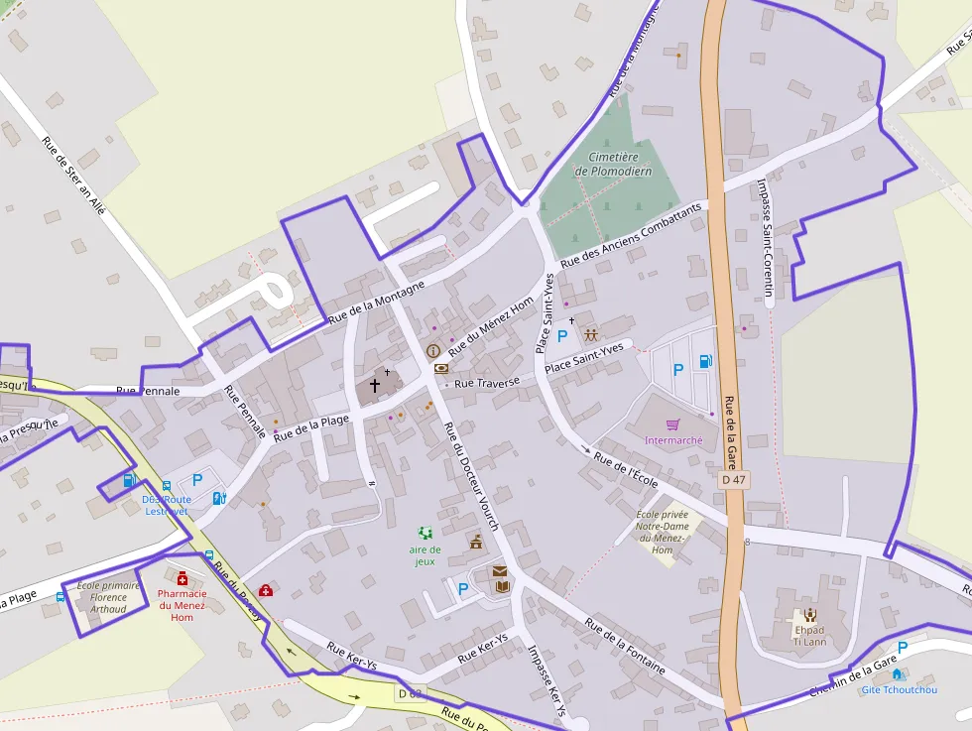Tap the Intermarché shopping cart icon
click(672, 425)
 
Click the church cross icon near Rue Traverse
click(375, 384)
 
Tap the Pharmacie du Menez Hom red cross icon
click(182, 578)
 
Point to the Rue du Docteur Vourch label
click(471, 475)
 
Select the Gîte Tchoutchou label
click(899, 689)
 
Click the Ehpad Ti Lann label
click(809, 635)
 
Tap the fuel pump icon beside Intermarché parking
click(705, 361)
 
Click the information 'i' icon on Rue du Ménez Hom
click(433, 350)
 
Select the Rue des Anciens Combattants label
click(631, 236)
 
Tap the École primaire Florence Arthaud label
click(108, 597)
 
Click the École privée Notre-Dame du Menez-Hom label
click(663, 532)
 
